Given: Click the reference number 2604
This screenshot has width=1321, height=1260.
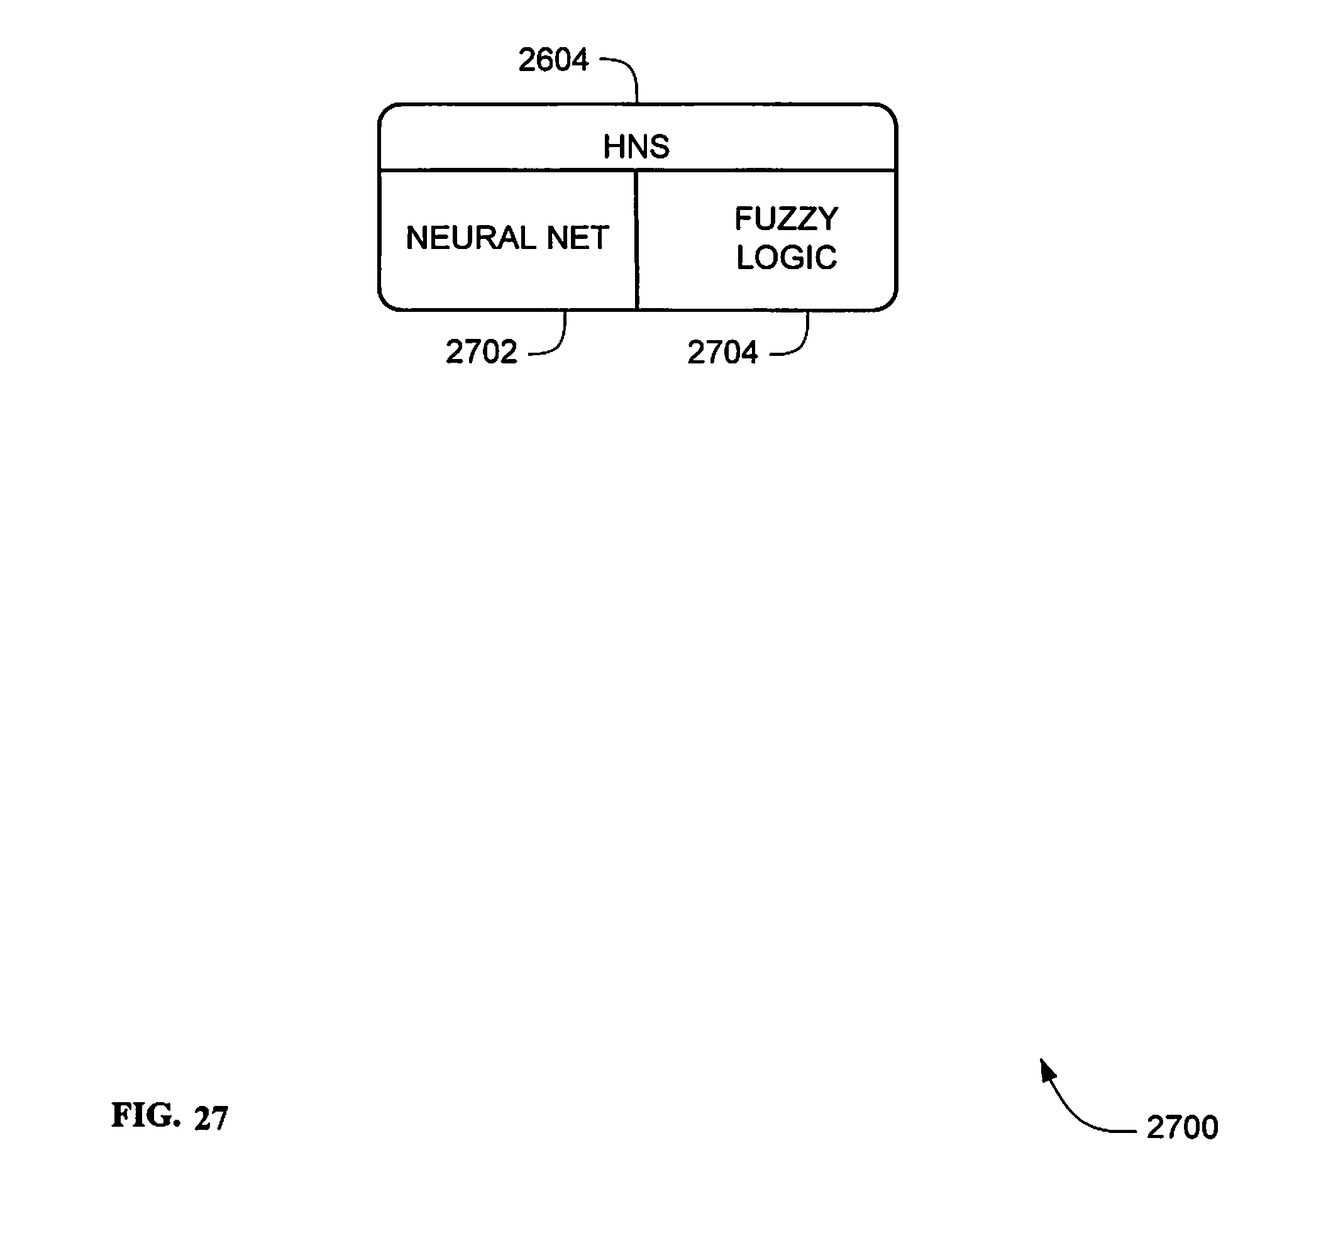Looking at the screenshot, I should click(x=553, y=60).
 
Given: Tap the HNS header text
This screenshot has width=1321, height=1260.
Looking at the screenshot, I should click(x=636, y=146).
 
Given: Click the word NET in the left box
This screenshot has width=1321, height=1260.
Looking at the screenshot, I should click(x=578, y=238).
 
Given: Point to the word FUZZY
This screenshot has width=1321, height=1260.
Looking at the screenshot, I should click(x=786, y=219).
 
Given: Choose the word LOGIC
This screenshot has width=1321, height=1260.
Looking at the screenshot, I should click(x=787, y=258).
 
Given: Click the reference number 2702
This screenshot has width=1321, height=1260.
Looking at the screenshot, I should click(x=482, y=352).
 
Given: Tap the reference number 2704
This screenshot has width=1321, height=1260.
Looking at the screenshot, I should click(x=722, y=353).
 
